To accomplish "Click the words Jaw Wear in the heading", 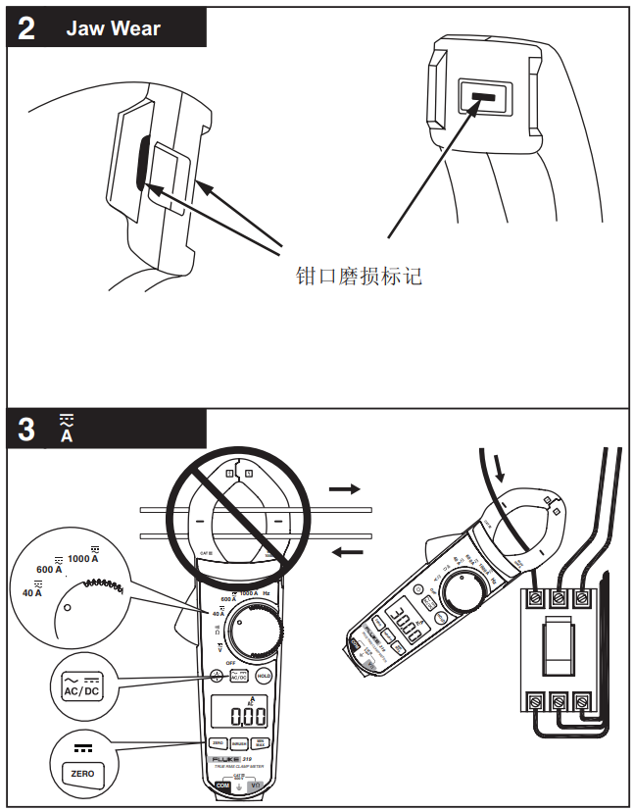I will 113,28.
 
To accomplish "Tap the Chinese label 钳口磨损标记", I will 359,276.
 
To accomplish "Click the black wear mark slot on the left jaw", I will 143,163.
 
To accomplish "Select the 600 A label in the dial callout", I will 50,570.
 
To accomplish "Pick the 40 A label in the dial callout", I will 32,591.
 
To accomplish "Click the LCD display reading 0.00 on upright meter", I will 234,716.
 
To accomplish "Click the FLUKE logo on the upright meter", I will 222,760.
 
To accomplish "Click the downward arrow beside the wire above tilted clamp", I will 502,472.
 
